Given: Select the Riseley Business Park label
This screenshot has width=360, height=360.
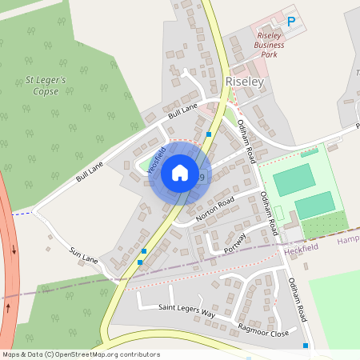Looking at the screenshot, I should (x=270, y=46).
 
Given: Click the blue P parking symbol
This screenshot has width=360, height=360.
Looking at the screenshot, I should (x=291, y=22).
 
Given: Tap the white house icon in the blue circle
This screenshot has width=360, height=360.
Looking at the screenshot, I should (x=180, y=172).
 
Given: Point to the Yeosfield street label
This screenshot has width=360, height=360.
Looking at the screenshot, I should (x=157, y=158).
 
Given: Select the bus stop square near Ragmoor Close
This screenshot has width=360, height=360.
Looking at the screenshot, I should (x=306, y=346).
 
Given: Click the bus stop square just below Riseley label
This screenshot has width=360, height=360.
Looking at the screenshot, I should (x=209, y=134).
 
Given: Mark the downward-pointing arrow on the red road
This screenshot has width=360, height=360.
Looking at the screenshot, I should (x=14, y=250).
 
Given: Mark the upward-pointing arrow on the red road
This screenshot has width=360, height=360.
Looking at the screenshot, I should (x=8, y=306).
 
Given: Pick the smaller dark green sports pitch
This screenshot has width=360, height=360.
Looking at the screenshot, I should (x=314, y=205).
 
